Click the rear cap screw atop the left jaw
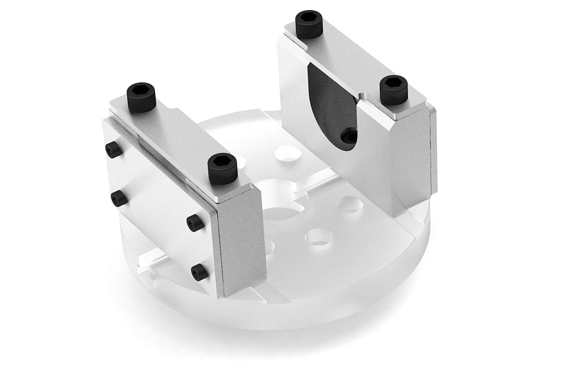141,97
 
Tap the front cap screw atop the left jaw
222,168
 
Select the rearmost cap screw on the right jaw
309,24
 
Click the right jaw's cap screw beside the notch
393,89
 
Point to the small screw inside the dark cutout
350,136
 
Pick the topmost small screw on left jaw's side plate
113,150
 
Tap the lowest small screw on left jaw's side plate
199,272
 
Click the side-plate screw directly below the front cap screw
195,223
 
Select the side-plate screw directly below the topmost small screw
119,198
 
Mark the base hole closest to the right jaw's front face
351,205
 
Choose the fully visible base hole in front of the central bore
318,237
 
